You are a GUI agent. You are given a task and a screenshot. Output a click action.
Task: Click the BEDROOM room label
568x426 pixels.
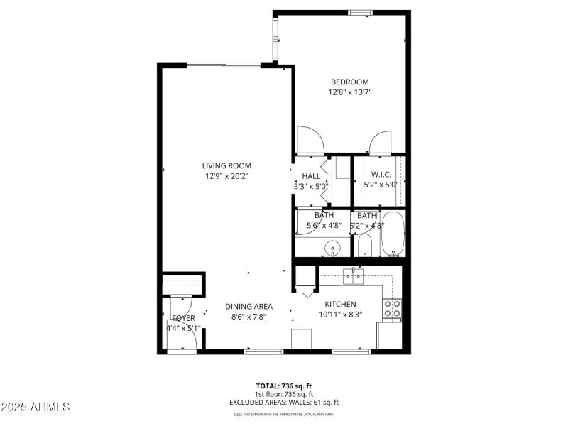point(350,82)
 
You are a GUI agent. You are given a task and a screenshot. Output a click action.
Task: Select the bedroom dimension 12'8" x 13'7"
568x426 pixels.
point(350,92)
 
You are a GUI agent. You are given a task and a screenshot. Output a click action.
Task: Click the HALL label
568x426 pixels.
point(311,176)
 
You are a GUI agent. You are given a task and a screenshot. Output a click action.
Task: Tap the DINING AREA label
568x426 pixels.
point(248,307)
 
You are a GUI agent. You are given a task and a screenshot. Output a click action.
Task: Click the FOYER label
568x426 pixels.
point(183,318)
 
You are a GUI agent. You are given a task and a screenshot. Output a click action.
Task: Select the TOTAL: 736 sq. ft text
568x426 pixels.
point(283,386)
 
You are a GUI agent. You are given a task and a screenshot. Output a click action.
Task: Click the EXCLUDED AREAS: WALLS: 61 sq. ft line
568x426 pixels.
point(283,402)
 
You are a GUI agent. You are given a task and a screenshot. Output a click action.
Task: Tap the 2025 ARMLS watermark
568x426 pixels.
point(35,407)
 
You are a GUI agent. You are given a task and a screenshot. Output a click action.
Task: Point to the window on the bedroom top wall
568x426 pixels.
point(361,12)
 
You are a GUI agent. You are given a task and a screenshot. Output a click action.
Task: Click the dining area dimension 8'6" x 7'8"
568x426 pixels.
point(248,317)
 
